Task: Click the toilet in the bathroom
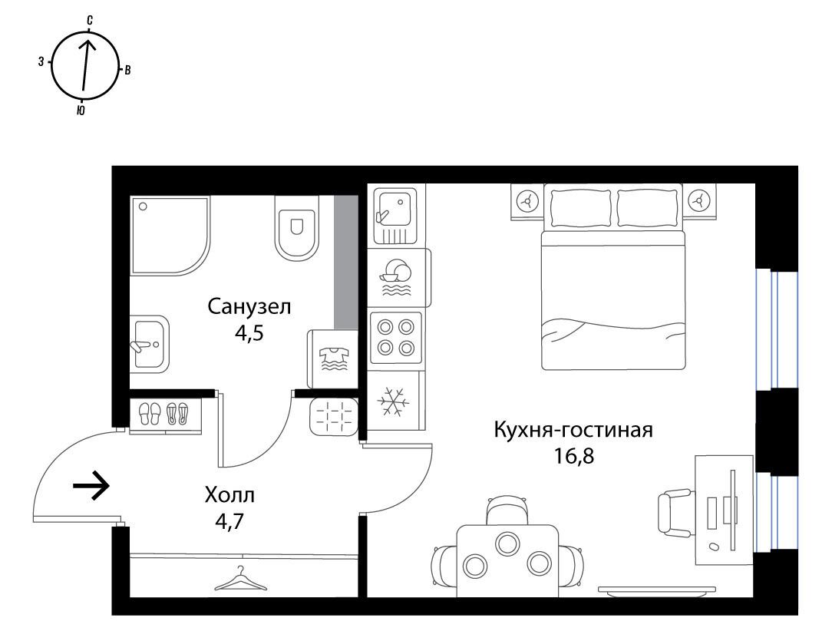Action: point(296,228)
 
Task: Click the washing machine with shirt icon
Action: point(332,358)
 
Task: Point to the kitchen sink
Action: point(395,215)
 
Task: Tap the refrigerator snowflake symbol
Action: point(393,401)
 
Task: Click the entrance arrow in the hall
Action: point(91,485)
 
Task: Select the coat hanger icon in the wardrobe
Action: point(242,579)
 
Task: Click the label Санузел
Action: point(249,307)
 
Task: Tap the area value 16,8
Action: point(573,455)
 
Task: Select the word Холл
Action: point(229,495)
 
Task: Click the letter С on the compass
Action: point(91,21)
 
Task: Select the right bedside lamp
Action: point(698,201)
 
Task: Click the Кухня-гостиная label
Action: point(573,430)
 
